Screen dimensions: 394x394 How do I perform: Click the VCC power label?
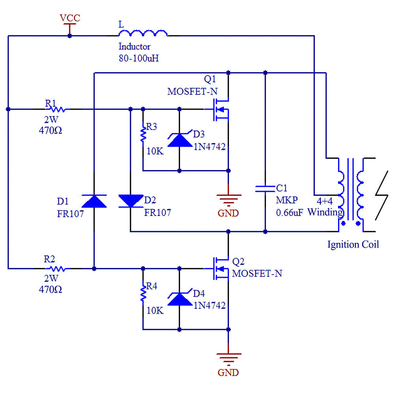(x=70, y=19)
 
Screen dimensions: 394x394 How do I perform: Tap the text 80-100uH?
(x=139, y=58)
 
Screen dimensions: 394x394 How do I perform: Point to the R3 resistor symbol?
(x=143, y=134)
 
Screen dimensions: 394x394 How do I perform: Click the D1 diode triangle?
(x=94, y=201)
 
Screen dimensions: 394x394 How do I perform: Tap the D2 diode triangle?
(x=130, y=201)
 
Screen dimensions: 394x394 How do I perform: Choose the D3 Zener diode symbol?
(x=180, y=139)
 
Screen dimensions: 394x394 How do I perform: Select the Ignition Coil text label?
(x=353, y=244)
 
